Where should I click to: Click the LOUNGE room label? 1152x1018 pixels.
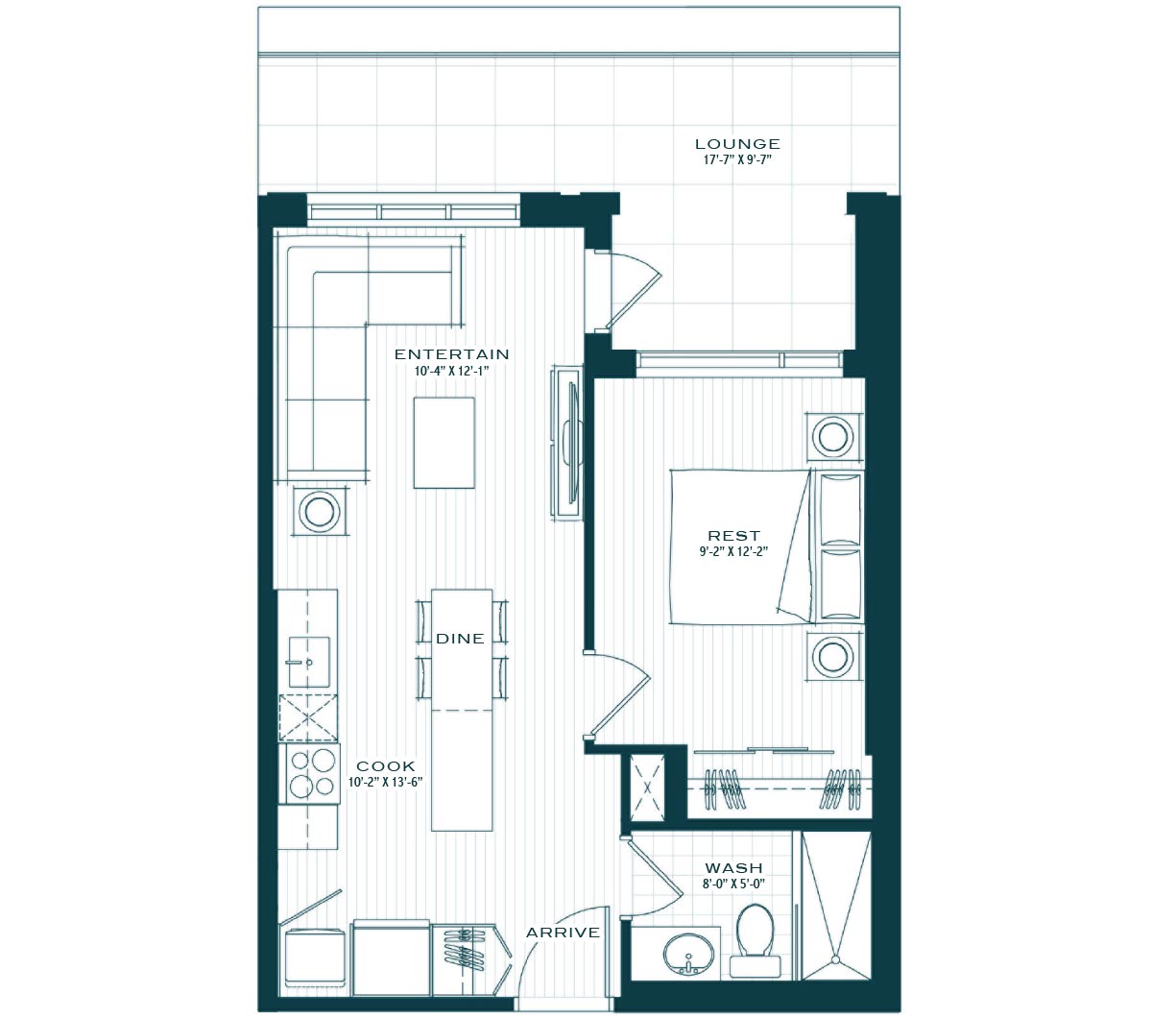tap(737, 144)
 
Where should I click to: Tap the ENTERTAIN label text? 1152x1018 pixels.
tap(451, 354)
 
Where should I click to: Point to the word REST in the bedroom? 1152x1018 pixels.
tap(733, 536)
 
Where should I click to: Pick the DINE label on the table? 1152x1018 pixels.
tap(460, 639)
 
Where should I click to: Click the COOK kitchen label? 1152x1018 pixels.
tap(386, 766)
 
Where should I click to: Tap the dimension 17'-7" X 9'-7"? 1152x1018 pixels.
tap(737, 159)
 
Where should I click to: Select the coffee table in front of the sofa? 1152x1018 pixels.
tap(444, 442)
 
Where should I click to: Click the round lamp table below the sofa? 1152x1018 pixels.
tap(320, 511)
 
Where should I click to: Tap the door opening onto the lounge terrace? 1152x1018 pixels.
tap(633, 289)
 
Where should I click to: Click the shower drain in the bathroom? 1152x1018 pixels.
tap(835, 959)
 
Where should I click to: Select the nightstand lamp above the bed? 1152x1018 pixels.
tap(833, 437)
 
